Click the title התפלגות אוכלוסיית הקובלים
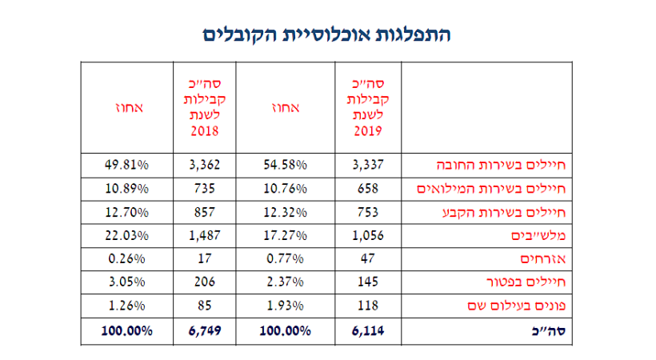[327, 35]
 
